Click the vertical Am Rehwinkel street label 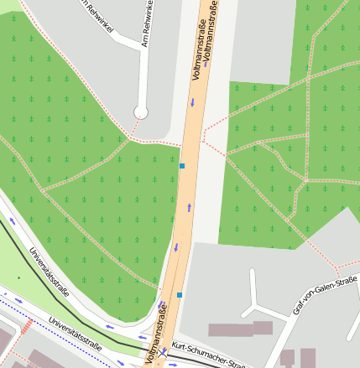(147, 23)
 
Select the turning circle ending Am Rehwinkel (141, 111)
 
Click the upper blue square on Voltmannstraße (182, 166)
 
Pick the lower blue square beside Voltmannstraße (179, 295)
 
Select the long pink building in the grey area (241, 329)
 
